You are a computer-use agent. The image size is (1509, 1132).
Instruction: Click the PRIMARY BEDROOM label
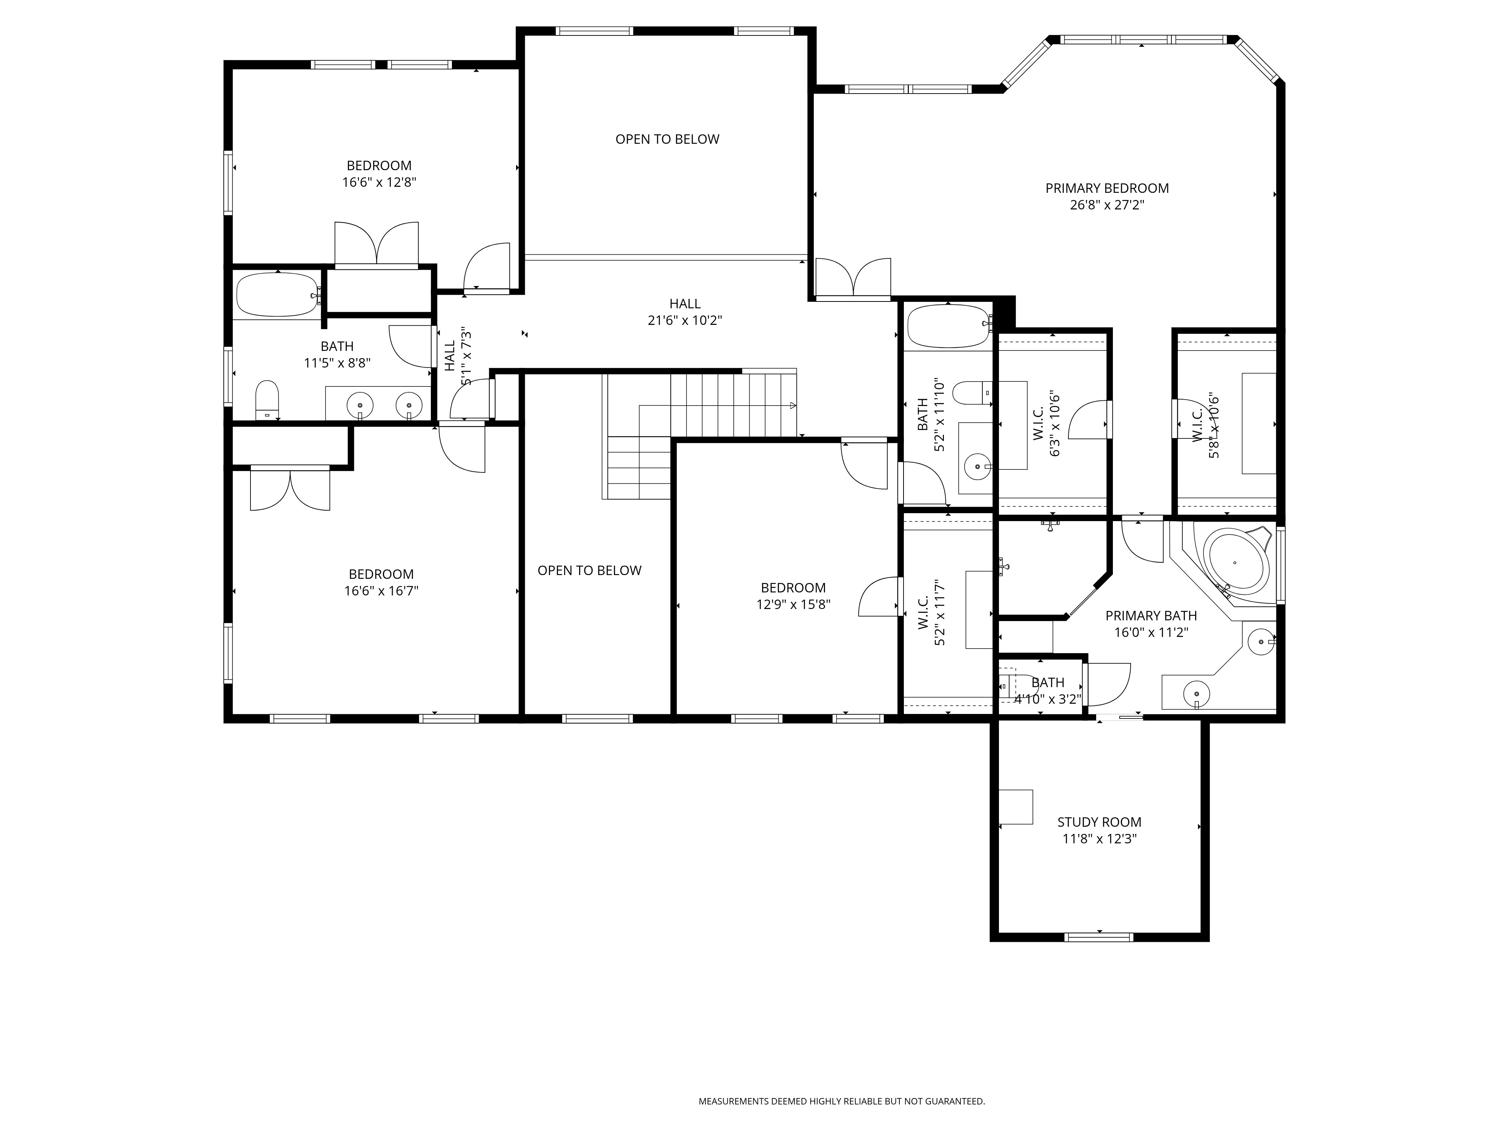1106,188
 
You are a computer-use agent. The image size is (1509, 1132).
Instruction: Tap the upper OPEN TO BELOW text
667,139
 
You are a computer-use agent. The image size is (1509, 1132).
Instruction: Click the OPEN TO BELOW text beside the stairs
589,571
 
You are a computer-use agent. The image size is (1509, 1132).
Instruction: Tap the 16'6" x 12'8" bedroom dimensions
379,182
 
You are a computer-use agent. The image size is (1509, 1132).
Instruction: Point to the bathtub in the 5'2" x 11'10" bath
948,326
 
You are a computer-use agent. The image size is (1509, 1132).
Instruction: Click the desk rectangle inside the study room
1016,807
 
